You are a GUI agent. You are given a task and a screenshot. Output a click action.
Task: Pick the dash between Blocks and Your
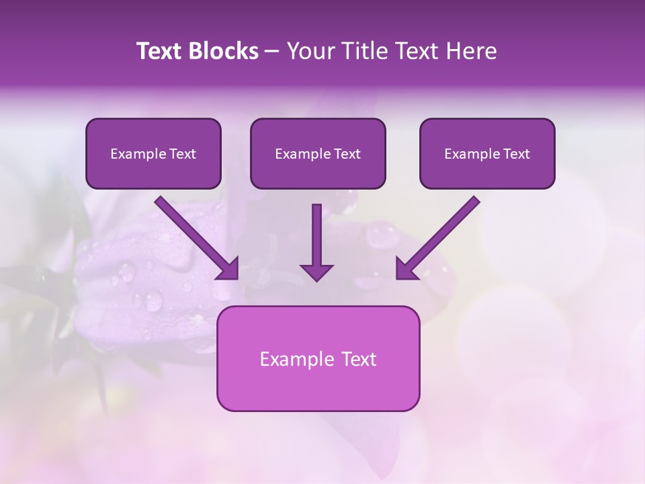click(272, 52)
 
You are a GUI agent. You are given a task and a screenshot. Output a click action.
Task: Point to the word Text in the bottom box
click(359, 359)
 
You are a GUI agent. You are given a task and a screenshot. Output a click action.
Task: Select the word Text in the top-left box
click(183, 154)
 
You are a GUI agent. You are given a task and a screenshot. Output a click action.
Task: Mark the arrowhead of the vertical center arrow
click(316, 272)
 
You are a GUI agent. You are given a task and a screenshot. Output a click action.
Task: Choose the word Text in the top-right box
click(517, 154)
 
